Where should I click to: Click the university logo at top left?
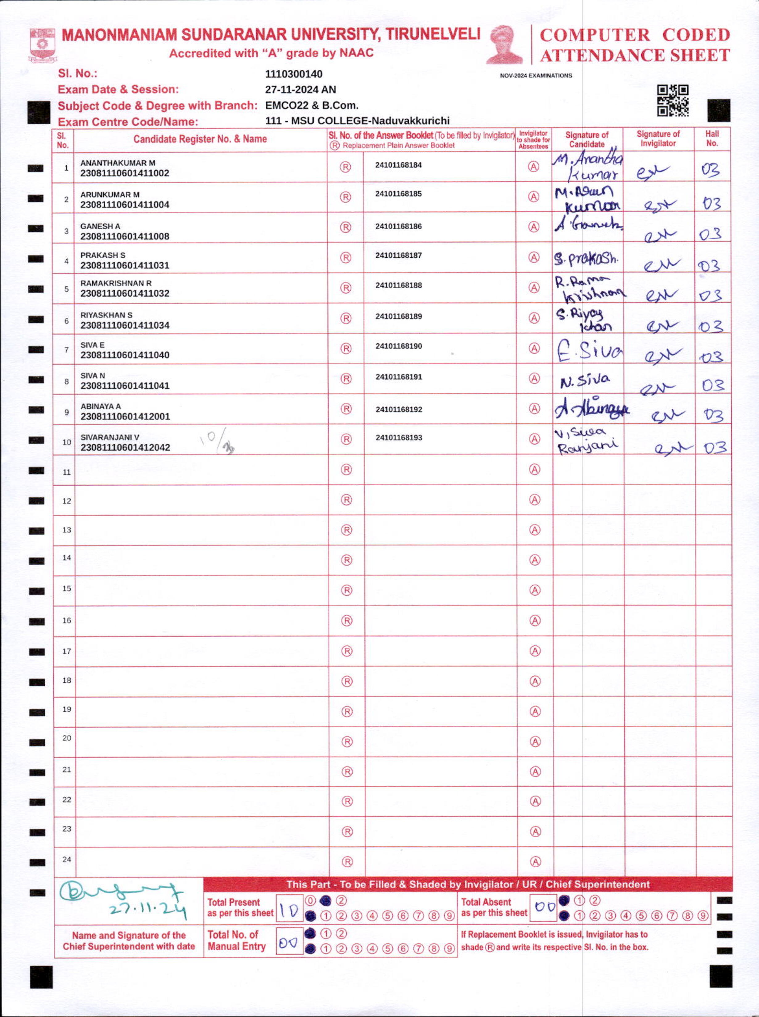click(x=43, y=44)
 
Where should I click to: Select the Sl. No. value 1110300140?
click(x=294, y=74)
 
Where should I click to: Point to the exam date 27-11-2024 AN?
click(x=301, y=89)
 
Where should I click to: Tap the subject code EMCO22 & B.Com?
click(x=312, y=105)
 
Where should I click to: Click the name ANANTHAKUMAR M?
click(x=118, y=163)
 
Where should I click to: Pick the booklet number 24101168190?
click(x=398, y=346)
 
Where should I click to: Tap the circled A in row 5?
click(x=533, y=288)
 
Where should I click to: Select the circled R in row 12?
click(x=346, y=500)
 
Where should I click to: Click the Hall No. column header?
click(x=712, y=138)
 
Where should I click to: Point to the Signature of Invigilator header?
click(x=658, y=138)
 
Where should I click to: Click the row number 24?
click(x=67, y=859)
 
